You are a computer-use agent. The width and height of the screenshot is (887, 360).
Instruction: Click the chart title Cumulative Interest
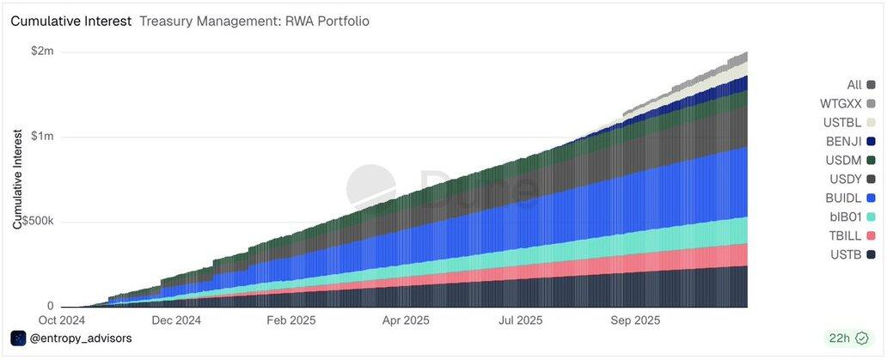click(x=70, y=21)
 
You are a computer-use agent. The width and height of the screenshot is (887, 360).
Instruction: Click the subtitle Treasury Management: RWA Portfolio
click(x=254, y=21)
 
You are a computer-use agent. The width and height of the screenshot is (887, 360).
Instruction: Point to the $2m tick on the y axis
click(x=41, y=52)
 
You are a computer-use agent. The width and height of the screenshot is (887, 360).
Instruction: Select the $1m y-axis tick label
click(x=41, y=137)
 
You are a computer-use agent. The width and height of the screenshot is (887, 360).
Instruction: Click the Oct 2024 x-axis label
click(x=62, y=320)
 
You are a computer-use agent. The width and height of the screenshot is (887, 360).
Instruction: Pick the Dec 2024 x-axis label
click(x=176, y=320)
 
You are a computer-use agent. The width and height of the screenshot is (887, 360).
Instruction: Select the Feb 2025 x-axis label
click(x=291, y=320)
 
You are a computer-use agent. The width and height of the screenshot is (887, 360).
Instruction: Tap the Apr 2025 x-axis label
click(x=405, y=320)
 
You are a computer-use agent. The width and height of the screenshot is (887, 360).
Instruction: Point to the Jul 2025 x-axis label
click(x=519, y=320)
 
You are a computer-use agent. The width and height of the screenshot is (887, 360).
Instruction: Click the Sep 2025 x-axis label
click(x=634, y=320)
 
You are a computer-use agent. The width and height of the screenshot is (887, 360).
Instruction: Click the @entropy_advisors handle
click(x=81, y=339)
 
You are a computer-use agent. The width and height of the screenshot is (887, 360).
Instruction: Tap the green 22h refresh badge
click(x=847, y=338)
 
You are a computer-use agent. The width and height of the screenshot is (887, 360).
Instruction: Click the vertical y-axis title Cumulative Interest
click(x=17, y=179)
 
